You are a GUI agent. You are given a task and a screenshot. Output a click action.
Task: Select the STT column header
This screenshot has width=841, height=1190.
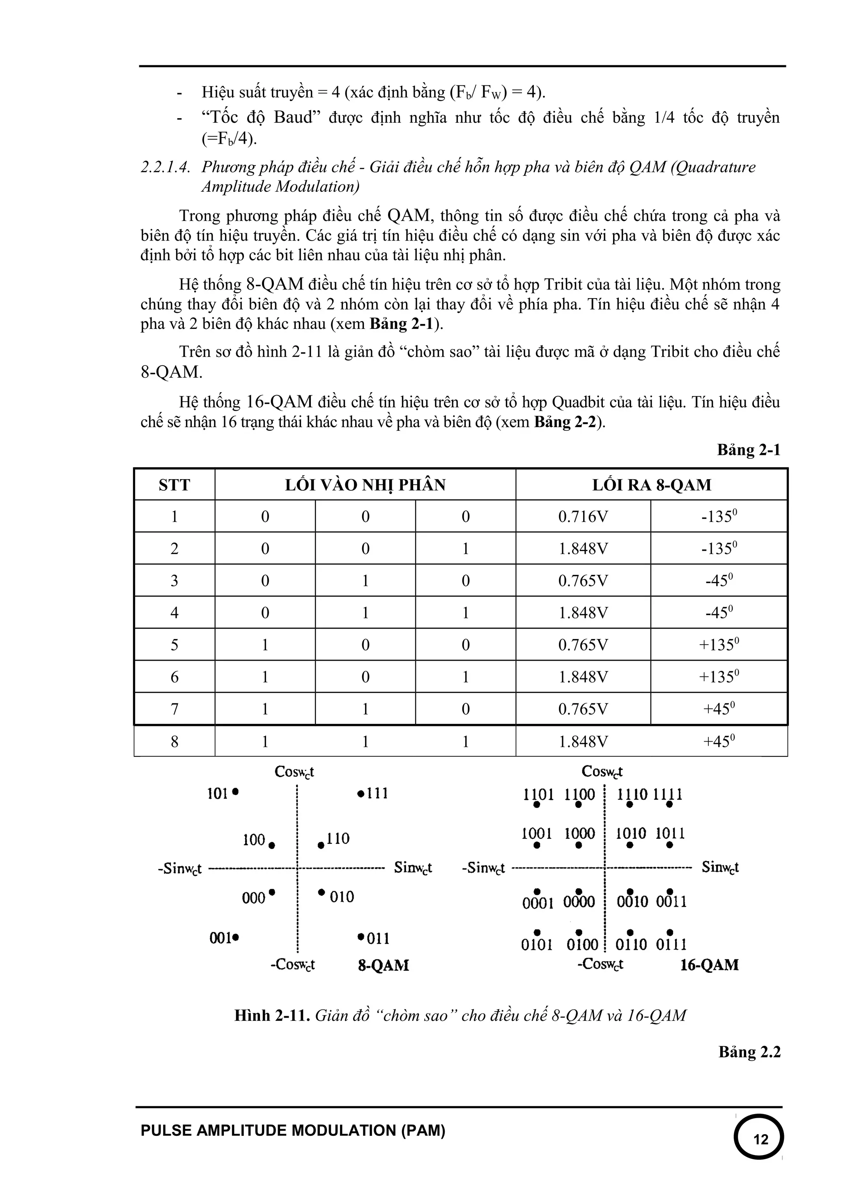coord(174,485)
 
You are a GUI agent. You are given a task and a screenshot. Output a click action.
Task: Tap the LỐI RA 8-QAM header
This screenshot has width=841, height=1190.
coord(651,485)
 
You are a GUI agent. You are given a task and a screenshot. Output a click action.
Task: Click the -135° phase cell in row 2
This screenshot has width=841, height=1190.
coord(719,548)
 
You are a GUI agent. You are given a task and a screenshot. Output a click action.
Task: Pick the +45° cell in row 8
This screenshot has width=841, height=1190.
coord(719,741)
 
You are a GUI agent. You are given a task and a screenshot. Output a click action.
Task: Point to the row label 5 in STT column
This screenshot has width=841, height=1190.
coord(174,645)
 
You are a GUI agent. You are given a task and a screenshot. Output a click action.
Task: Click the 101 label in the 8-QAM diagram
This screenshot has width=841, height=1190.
coord(218,793)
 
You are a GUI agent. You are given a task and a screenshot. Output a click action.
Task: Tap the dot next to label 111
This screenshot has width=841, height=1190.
coord(360,793)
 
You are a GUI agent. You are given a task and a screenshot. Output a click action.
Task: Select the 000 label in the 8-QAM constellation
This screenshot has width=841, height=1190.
coord(253,898)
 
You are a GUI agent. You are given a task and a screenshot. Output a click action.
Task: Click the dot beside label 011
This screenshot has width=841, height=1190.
coord(360,937)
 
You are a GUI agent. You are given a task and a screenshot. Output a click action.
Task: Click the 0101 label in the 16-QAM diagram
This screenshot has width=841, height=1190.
coord(537,945)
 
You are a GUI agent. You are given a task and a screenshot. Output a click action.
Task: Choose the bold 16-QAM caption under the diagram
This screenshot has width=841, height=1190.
coord(709,965)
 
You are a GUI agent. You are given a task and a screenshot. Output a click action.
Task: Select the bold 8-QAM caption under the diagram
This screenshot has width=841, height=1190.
coord(384,965)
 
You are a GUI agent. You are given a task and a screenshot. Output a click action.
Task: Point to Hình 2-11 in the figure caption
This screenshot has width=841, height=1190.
coord(271,1015)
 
